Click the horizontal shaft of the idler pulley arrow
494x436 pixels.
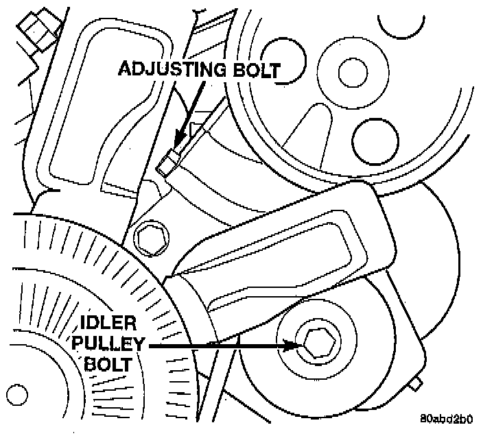point(220,347)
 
